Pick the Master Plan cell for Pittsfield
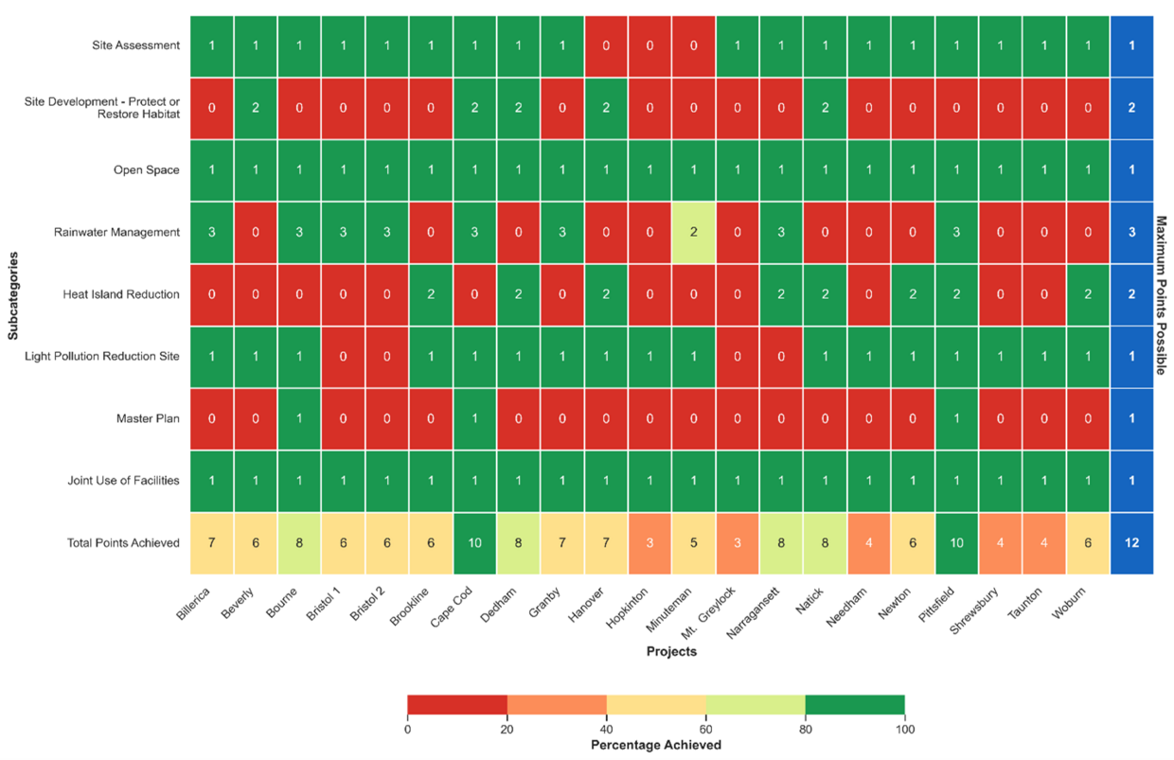pos(955,418)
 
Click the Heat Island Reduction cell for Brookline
pos(431,294)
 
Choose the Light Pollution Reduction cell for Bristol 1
pos(344,356)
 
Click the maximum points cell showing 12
pos(1131,542)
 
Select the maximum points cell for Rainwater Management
pos(1131,232)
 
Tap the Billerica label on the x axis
pos(192,605)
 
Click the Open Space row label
pos(150,170)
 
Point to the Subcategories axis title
pos(12,293)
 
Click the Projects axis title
pos(671,652)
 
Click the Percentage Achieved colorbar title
pos(655,745)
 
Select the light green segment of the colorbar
pos(756,704)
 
